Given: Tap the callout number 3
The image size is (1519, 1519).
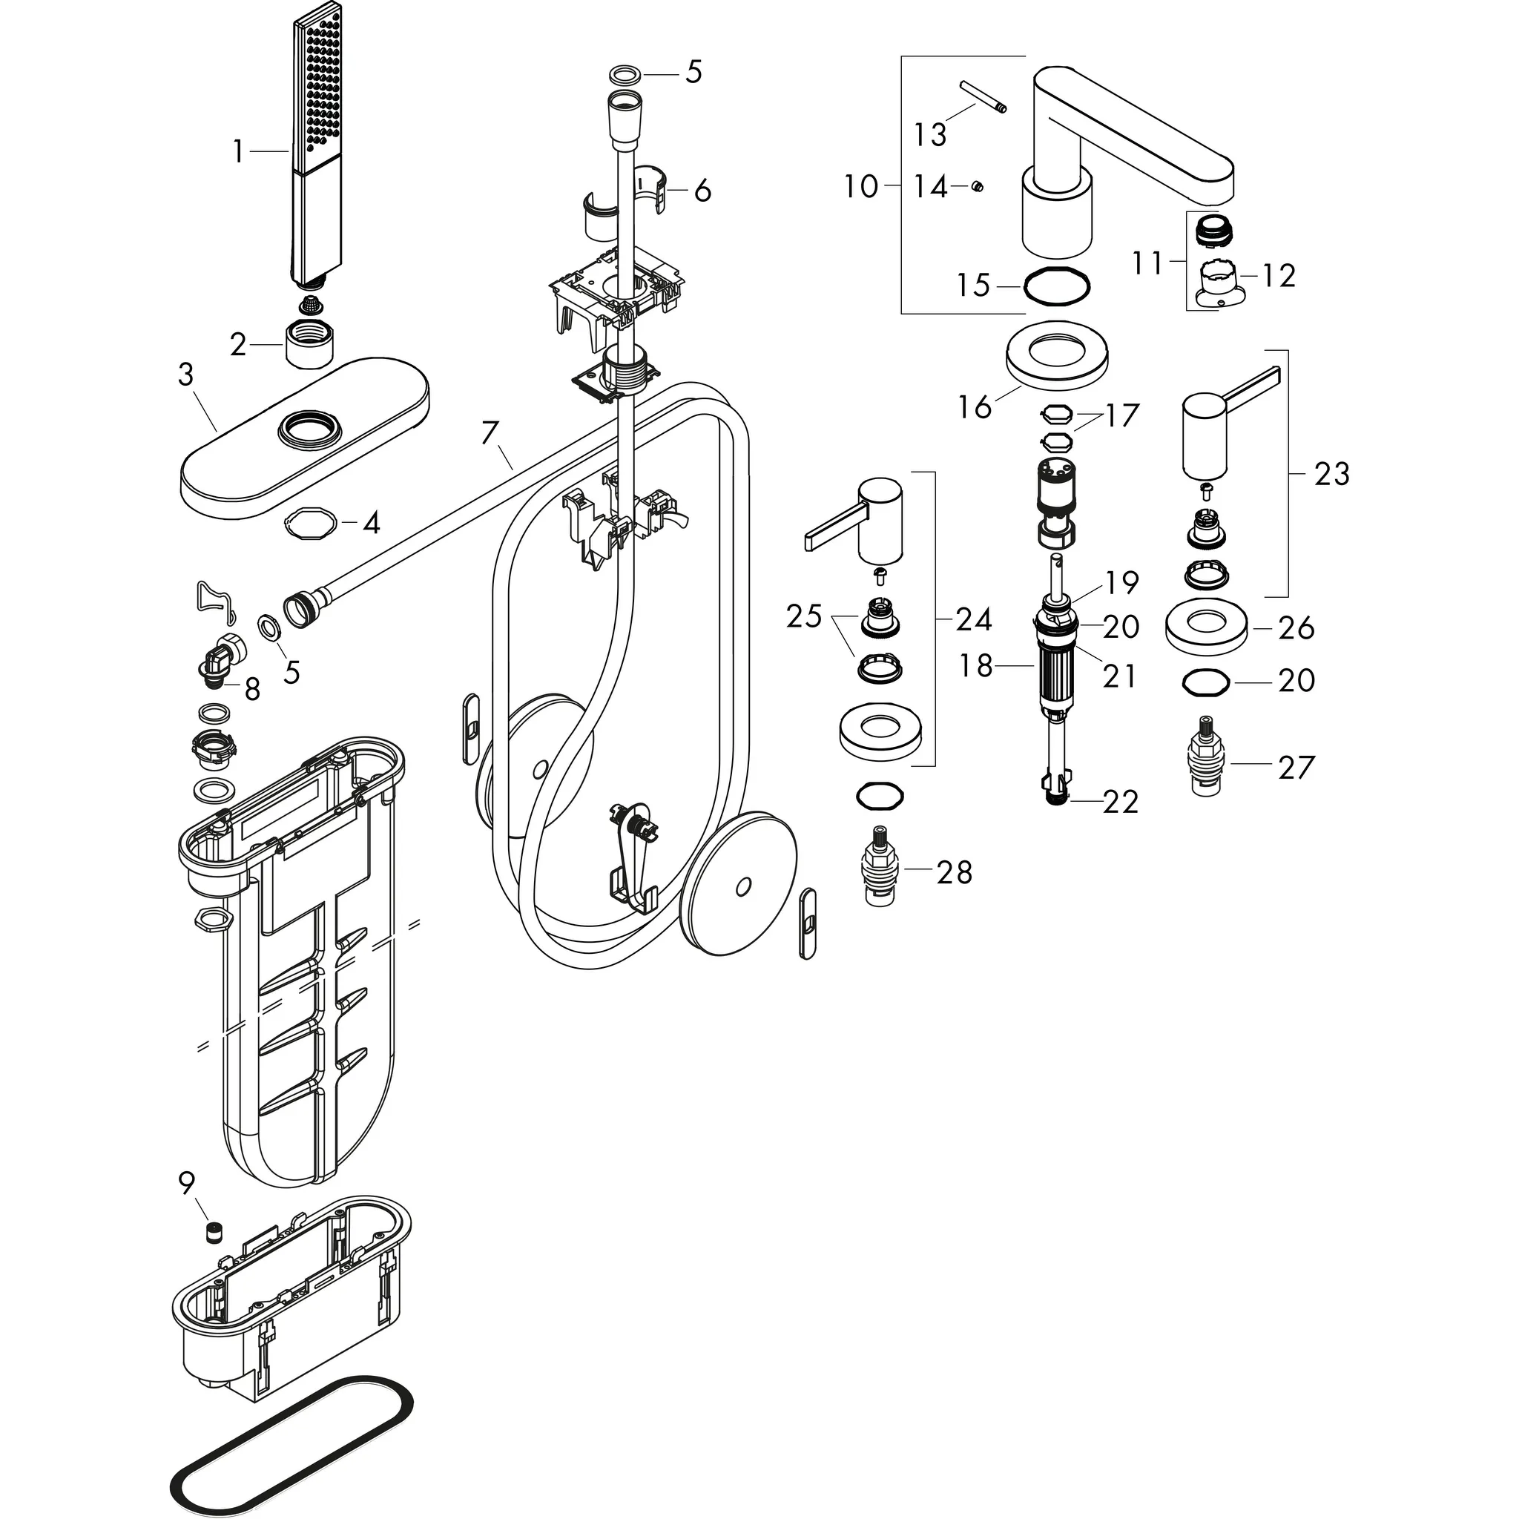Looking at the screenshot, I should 185,375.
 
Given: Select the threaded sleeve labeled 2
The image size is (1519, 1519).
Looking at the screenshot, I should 309,344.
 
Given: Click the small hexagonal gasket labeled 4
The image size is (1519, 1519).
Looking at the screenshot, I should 310,522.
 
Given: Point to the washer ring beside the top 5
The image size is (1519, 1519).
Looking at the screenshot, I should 625,76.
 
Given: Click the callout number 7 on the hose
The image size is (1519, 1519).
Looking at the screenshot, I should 490,433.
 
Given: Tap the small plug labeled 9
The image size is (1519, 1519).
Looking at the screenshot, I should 210,1232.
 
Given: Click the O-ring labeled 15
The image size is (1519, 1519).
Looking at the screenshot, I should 1057,286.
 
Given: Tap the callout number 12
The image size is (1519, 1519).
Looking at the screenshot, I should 1279,275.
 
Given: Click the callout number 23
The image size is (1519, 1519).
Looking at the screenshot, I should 1331,474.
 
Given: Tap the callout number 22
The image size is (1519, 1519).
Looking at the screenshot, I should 1121,803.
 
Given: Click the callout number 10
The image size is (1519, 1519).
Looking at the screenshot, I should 860,187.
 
